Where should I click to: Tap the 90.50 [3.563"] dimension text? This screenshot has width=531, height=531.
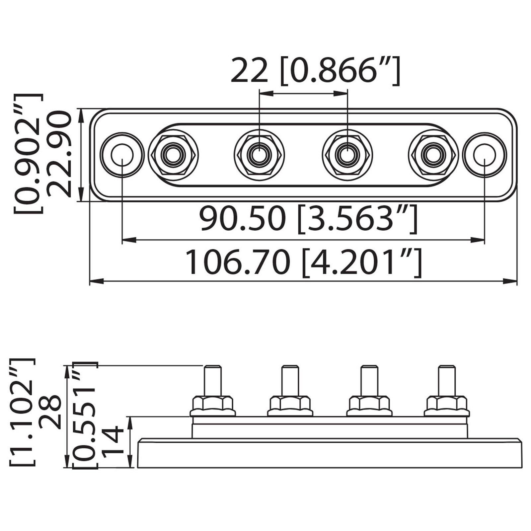click(x=308, y=219)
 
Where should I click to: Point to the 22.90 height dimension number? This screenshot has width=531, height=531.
click(x=59, y=155)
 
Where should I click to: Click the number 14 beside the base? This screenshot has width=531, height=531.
click(x=113, y=443)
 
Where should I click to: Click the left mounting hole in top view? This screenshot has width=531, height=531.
click(x=122, y=154)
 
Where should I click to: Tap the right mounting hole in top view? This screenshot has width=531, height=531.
click(x=484, y=154)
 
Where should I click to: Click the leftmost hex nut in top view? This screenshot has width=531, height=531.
click(x=173, y=154)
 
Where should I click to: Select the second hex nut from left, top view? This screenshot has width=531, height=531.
click(x=259, y=154)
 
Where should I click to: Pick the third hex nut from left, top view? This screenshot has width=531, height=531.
click(x=347, y=154)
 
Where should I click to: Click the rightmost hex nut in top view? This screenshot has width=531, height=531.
click(x=433, y=154)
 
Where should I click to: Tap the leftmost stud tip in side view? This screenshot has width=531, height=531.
click(x=212, y=369)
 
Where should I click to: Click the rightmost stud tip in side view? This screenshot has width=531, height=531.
click(x=447, y=369)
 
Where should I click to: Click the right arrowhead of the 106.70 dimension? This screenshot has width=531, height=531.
click(x=511, y=281)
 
